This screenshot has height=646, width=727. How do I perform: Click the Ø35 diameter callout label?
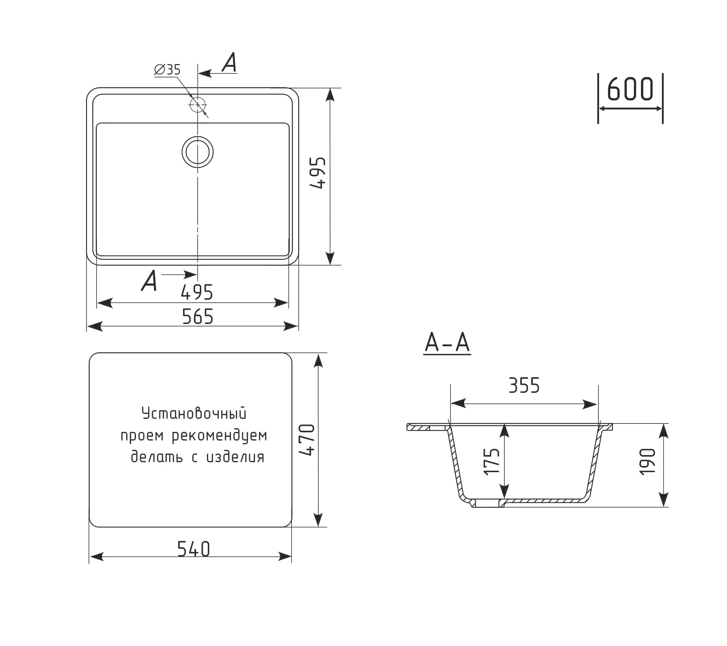click(167, 69)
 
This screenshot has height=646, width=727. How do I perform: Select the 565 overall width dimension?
click(197, 316)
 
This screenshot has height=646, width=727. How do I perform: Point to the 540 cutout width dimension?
click(193, 549)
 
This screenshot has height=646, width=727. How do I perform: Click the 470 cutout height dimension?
click(307, 440)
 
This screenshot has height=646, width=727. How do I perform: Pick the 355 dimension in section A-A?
click(524, 385)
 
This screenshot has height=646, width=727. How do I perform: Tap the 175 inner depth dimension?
click(492, 461)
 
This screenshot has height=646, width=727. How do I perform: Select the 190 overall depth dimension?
click(647, 462)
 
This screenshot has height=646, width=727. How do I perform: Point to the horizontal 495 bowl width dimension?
click(197, 292)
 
